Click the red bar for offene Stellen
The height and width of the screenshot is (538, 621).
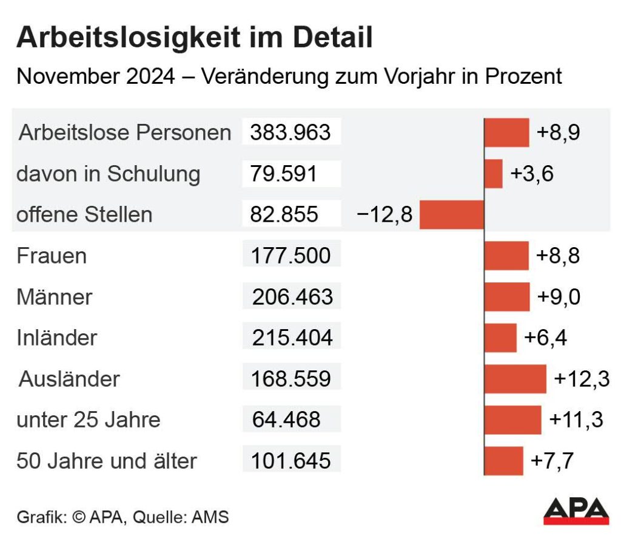(452, 215)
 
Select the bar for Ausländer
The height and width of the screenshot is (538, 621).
(515, 379)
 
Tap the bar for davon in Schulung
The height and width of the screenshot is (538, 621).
(494, 174)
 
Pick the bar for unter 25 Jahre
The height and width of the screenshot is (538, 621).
(513, 420)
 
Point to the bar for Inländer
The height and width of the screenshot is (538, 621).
(501, 338)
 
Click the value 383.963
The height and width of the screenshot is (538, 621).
(290, 132)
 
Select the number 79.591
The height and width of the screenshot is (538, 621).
(284, 174)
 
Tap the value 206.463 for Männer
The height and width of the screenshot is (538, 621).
(293, 297)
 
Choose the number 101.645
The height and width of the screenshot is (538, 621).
(292, 461)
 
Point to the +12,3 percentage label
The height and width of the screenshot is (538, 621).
(582, 380)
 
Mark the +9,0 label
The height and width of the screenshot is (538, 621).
(559, 297)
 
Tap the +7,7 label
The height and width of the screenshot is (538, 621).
(552, 461)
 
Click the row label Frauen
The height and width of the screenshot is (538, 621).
(52, 256)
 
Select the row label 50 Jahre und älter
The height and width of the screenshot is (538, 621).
(107, 461)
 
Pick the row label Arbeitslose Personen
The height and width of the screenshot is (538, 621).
(125, 132)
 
